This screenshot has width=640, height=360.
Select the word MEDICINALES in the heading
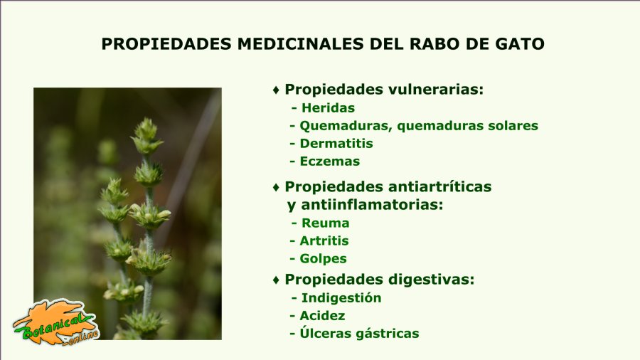pyautogui.click(x=300, y=44)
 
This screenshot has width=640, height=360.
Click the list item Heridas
pyautogui.click(x=328, y=107)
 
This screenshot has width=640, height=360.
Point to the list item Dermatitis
pyautogui.click(x=336, y=143)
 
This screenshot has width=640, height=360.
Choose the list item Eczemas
pyautogui.click(x=330, y=162)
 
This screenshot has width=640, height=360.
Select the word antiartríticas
pyautogui.click(x=440, y=186)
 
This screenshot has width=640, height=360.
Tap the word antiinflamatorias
pyautogui.click(x=372, y=204)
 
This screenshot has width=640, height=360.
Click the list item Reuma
pyautogui.click(x=325, y=223)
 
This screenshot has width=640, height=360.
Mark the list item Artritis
pyautogui.click(x=324, y=240)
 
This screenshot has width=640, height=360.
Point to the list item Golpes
pyautogui.click(x=324, y=259)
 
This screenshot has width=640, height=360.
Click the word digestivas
pyautogui.click(x=432, y=280)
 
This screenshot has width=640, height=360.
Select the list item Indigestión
pyautogui.click(x=341, y=298)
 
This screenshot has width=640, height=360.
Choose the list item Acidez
pyautogui.click(x=322, y=315)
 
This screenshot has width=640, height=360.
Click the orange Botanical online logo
pyautogui.click(x=56, y=322)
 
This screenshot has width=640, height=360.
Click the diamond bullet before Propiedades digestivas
pyautogui.click(x=277, y=280)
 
